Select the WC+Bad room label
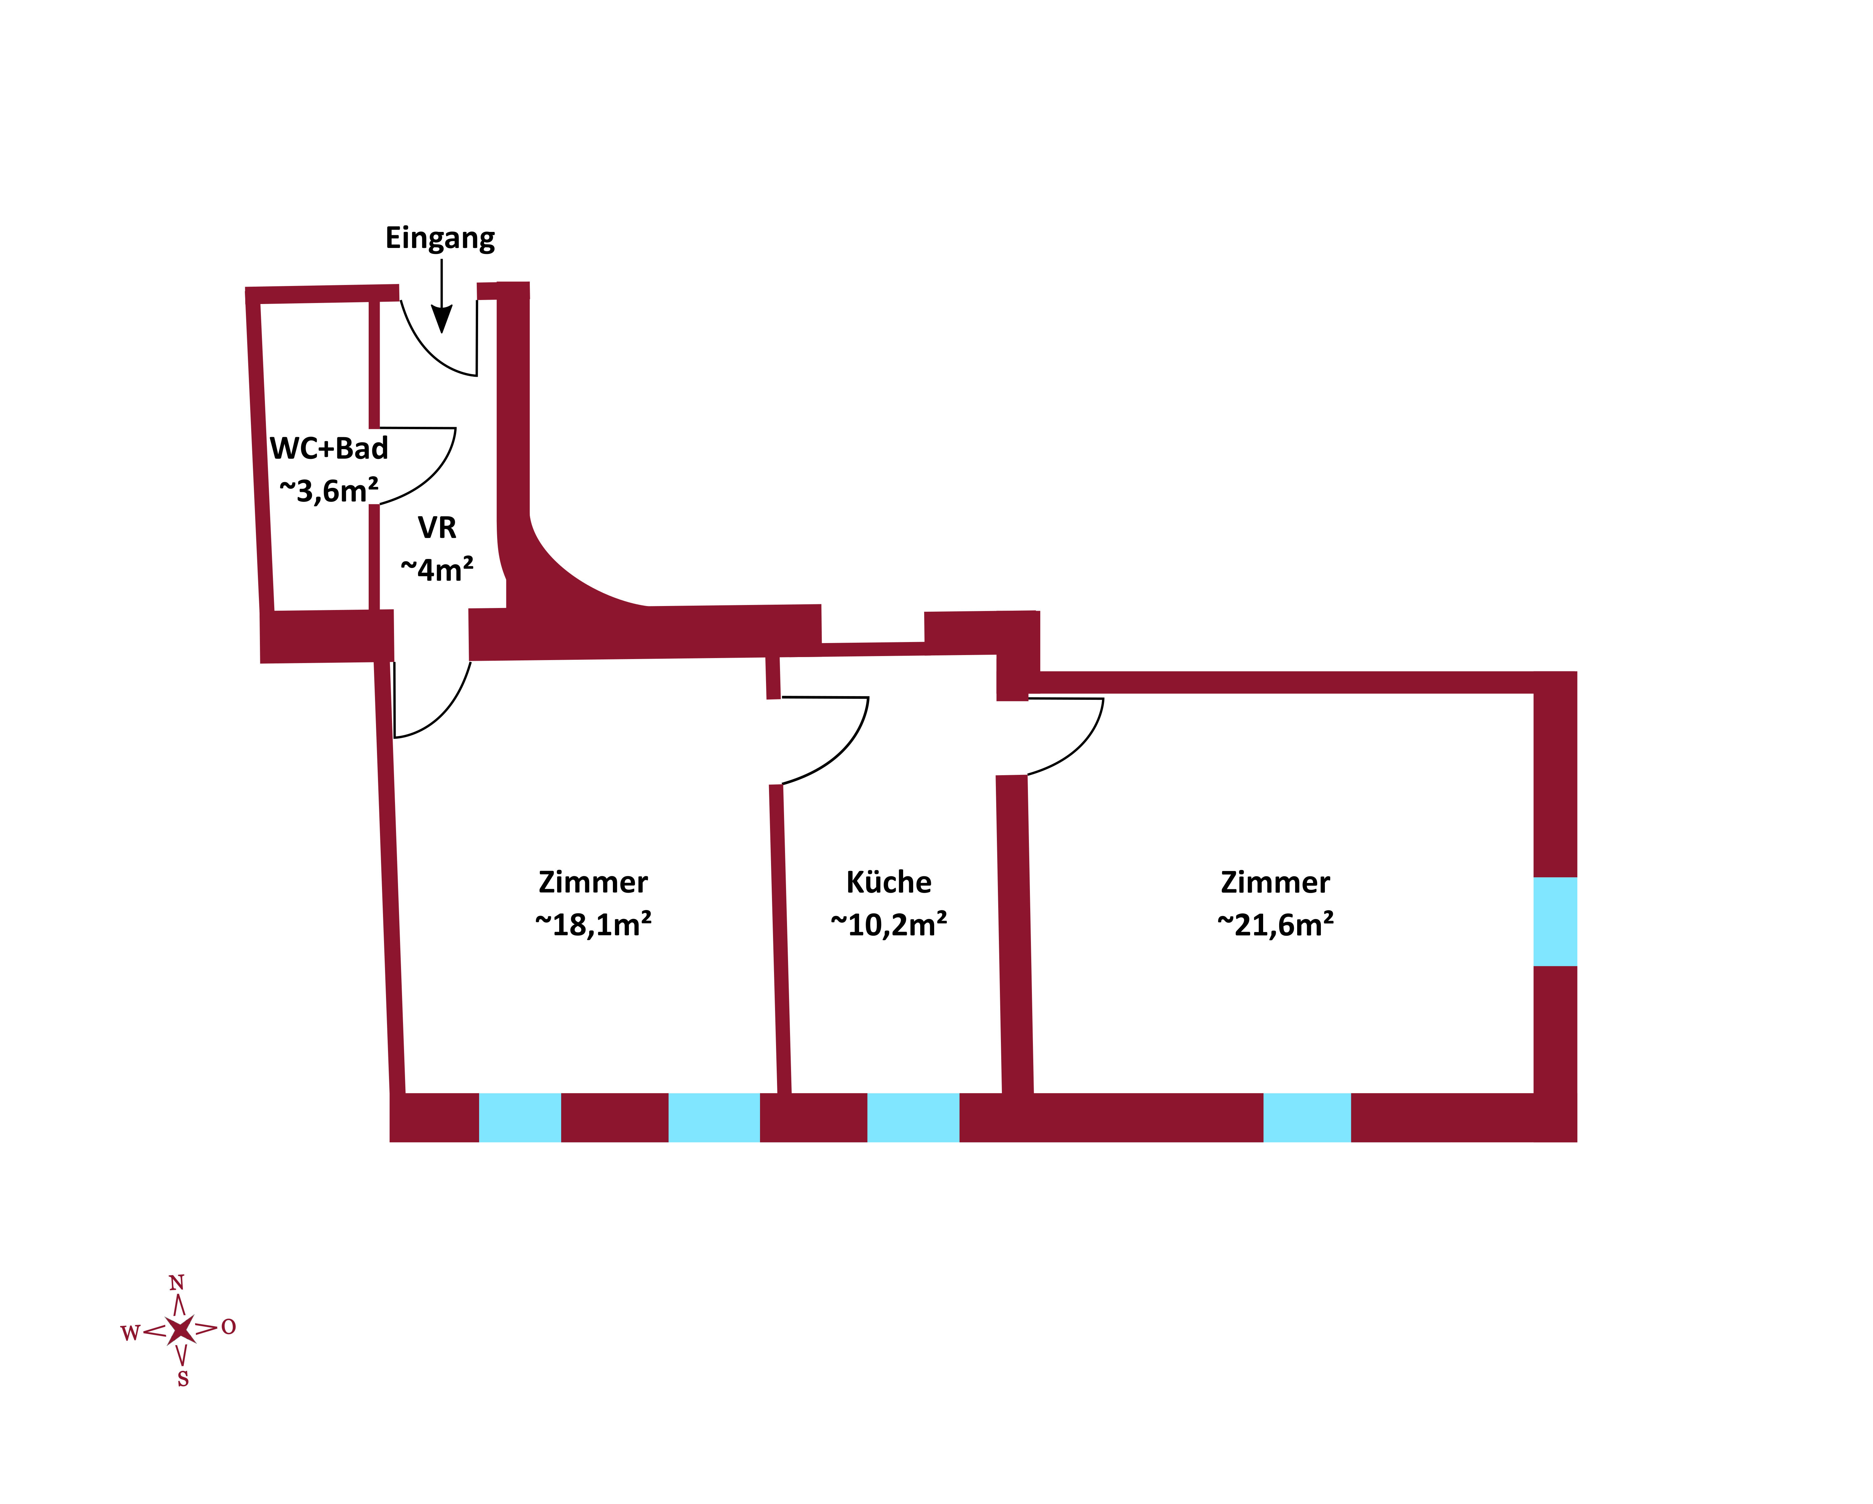329,448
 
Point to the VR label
437,527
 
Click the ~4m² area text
437,569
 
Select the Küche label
889,882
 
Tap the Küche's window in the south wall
913,1117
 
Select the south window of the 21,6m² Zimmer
1306,1117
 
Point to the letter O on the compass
229,1327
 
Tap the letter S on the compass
182,1379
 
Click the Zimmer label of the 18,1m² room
593,882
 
